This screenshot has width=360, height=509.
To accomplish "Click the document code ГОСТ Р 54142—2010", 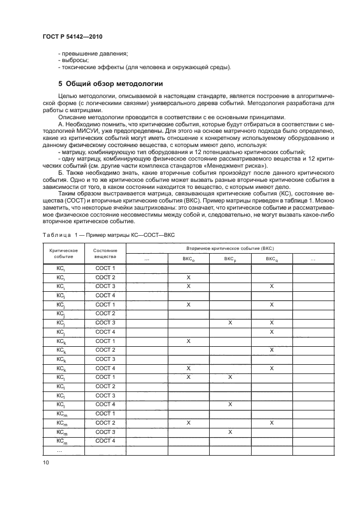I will (x=72, y=36).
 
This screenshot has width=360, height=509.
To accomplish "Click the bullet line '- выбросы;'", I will (x=74, y=60).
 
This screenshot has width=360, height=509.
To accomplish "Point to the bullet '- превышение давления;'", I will (x=93, y=53).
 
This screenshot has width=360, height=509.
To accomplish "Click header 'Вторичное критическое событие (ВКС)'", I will (x=230, y=248).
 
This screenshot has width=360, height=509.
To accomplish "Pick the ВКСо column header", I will (x=188, y=260).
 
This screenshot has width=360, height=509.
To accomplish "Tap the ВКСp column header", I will (x=230, y=260).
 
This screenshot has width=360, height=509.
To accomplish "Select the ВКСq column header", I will (x=271, y=260).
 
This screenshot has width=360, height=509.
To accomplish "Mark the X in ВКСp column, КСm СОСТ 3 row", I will (x=230, y=432).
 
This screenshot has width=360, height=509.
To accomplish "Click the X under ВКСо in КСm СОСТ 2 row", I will (x=188, y=422).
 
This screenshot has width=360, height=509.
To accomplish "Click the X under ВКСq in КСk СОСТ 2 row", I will (x=271, y=350).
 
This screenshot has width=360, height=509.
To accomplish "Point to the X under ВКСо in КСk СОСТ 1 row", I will (x=188, y=341).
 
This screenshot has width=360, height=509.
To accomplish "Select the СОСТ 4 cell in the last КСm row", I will (x=105, y=441).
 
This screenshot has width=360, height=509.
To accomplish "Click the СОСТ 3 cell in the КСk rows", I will (x=105, y=359).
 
